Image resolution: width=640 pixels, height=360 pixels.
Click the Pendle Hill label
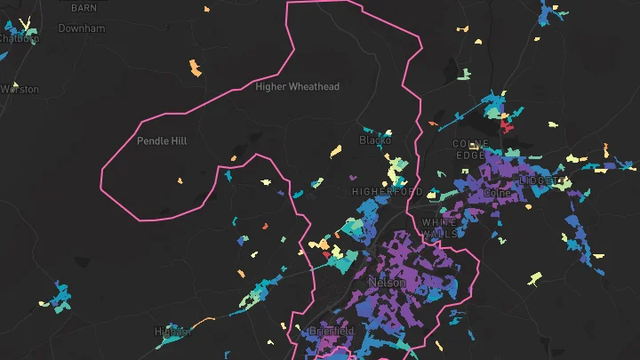(162, 140)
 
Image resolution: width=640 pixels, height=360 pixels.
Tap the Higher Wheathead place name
(297, 86)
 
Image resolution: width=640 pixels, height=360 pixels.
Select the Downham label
(81, 28)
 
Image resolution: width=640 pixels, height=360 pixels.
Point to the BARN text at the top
(84, 8)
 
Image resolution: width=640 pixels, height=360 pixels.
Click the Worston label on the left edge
(20, 89)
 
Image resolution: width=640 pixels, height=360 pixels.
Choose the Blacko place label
(374, 140)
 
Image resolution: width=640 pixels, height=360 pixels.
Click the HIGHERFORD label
(387, 191)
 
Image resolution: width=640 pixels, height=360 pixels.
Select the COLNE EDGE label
(470, 149)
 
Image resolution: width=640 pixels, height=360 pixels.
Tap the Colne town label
(495, 192)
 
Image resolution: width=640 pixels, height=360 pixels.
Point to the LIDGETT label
(542, 180)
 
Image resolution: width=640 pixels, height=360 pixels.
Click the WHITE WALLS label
(440, 228)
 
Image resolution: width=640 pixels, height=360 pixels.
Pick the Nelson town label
(387, 283)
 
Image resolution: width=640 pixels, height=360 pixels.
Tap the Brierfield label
(332, 331)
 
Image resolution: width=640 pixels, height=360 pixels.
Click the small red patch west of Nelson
(326, 254)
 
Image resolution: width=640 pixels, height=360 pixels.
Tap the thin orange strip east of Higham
(203, 322)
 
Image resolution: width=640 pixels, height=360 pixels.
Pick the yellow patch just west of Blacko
(336, 151)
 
